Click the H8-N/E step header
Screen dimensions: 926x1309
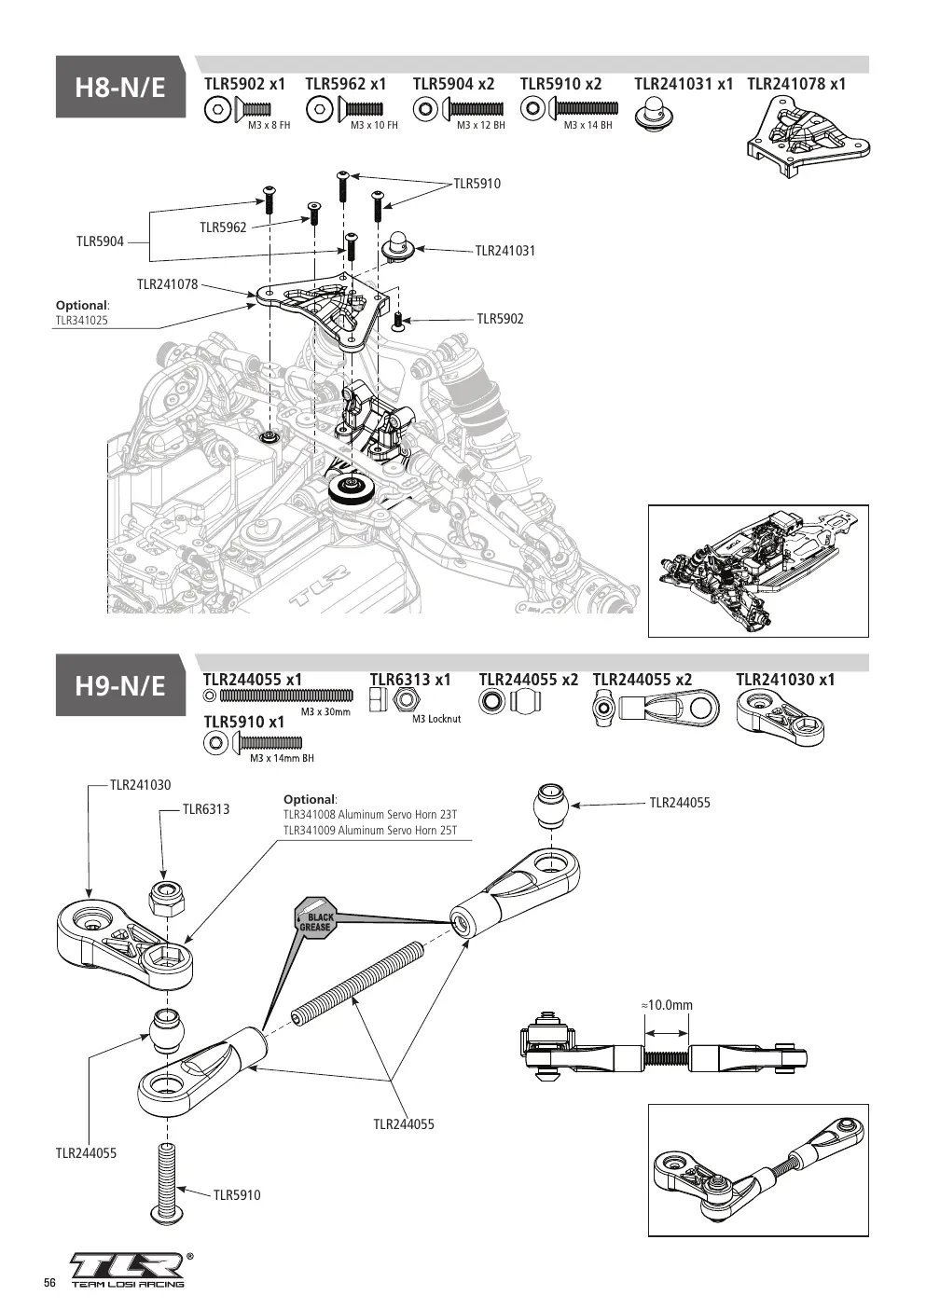coord(120,88)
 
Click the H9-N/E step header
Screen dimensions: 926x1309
coord(120,685)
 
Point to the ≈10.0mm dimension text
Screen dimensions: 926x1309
coord(667,1005)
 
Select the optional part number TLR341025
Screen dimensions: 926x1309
coord(82,320)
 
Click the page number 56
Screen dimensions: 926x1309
coord(49,1283)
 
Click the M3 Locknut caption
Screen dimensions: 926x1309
coord(436,719)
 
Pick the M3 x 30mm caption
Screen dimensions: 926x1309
coord(325,711)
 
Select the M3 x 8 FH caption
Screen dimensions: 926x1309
coord(269,125)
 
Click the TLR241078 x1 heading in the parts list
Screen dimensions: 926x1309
coord(796,84)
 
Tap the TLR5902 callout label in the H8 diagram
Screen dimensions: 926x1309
coord(500,319)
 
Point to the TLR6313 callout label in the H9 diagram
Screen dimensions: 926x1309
coord(206,809)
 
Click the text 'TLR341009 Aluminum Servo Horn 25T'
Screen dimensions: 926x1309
coord(370,831)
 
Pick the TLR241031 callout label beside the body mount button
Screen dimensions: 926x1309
coord(505,251)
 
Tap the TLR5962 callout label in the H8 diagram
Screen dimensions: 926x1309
coord(223,227)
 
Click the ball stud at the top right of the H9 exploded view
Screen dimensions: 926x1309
coord(551,806)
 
